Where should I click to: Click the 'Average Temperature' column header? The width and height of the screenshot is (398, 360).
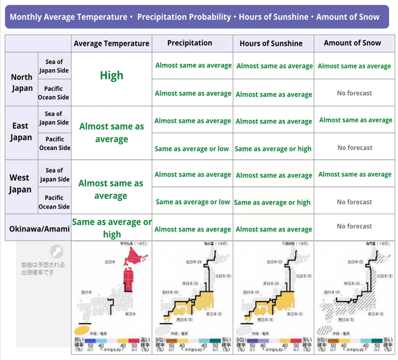112,44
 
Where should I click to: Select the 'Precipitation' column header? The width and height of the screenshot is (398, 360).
189,43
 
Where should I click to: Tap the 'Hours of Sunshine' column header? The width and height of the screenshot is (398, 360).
271,44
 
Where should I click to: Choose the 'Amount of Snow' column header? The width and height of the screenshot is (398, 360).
352,43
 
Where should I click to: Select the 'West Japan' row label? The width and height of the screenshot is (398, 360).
20,183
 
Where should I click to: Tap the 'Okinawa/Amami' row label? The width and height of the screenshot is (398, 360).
39,229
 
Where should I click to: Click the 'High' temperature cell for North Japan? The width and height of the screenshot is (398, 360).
112,76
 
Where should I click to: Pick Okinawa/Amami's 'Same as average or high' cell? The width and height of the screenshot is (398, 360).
112,228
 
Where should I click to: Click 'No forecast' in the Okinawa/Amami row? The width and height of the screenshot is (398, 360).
354,226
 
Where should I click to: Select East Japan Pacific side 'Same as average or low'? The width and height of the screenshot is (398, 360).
192,149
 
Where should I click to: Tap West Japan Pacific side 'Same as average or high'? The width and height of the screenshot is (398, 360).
272,202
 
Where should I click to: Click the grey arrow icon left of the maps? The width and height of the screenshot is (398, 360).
56,251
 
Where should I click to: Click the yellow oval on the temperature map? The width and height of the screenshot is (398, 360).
81,330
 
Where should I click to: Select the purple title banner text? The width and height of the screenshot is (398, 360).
195,17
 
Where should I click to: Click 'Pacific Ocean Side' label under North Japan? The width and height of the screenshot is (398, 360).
54,93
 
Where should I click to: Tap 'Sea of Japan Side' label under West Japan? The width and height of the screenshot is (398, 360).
54,175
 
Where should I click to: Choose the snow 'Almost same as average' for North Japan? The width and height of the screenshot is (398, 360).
354,66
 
